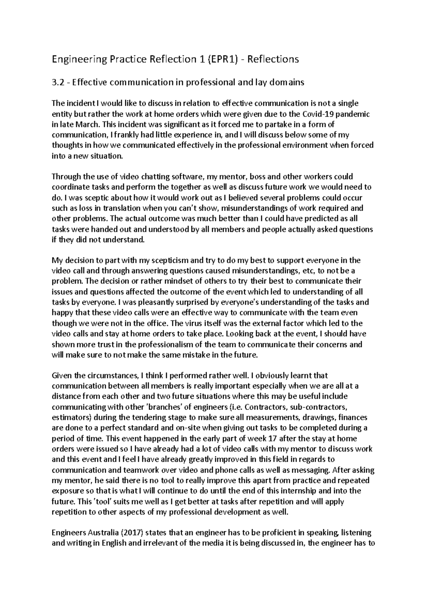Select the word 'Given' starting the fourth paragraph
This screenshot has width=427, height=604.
pyautogui.click(x=61, y=376)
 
